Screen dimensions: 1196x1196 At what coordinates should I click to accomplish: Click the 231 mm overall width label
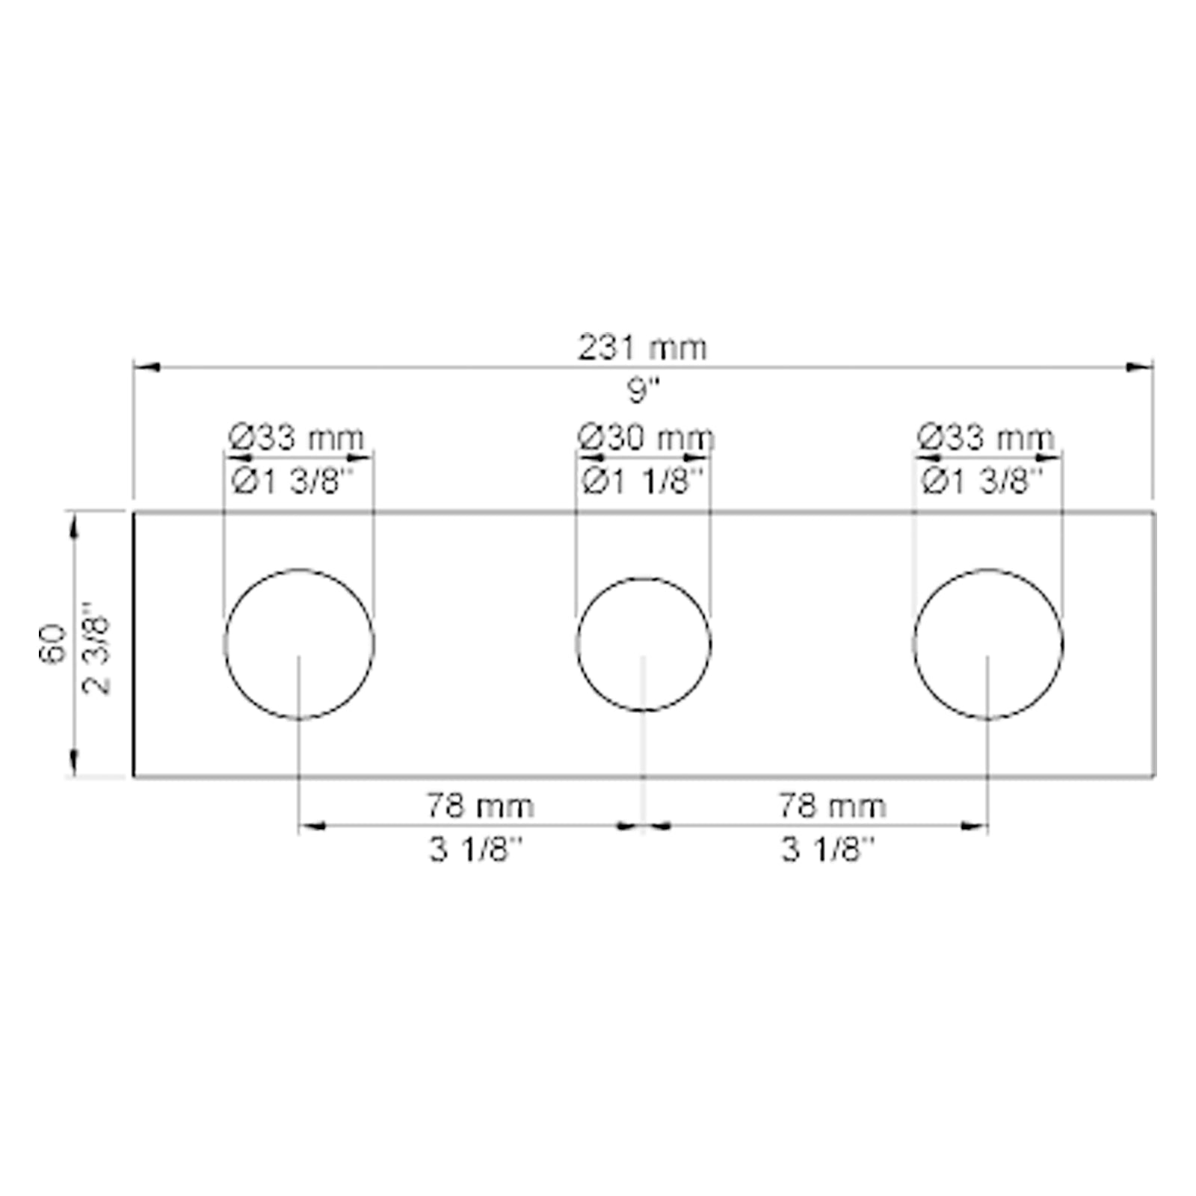(641, 348)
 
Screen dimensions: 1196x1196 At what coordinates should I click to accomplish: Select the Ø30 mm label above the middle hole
(647, 437)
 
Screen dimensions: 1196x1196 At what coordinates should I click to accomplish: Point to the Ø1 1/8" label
(643, 481)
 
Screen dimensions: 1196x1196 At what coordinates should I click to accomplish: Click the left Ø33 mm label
(297, 437)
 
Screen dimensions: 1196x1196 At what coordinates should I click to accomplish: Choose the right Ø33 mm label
(986, 437)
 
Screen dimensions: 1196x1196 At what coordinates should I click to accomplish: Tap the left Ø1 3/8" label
(297, 481)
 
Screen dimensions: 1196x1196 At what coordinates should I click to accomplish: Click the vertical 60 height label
(52, 644)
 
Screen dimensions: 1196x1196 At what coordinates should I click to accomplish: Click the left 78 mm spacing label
(480, 806)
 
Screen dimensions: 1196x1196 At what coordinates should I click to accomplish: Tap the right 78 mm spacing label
(832, 806)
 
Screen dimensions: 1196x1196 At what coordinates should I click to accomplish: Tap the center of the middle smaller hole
(644, 644)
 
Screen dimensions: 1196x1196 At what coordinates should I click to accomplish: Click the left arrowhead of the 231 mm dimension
(145, 367)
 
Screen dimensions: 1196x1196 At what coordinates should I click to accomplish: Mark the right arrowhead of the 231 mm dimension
(1139, 366)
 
